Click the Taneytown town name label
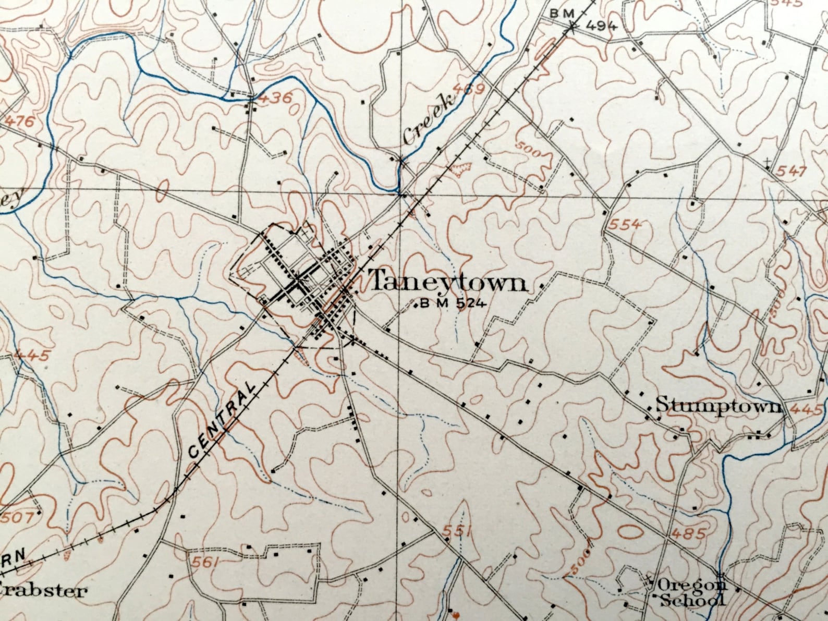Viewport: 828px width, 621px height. pos(448,283)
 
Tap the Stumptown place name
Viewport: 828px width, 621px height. pos(719,405)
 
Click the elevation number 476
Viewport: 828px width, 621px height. pos(20,122)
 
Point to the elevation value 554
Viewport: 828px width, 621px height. pos(625,224)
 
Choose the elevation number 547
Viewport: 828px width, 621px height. pos(792,171)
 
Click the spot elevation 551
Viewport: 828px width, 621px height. pos(457,531)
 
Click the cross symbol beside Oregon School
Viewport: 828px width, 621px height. pos(648,579)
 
